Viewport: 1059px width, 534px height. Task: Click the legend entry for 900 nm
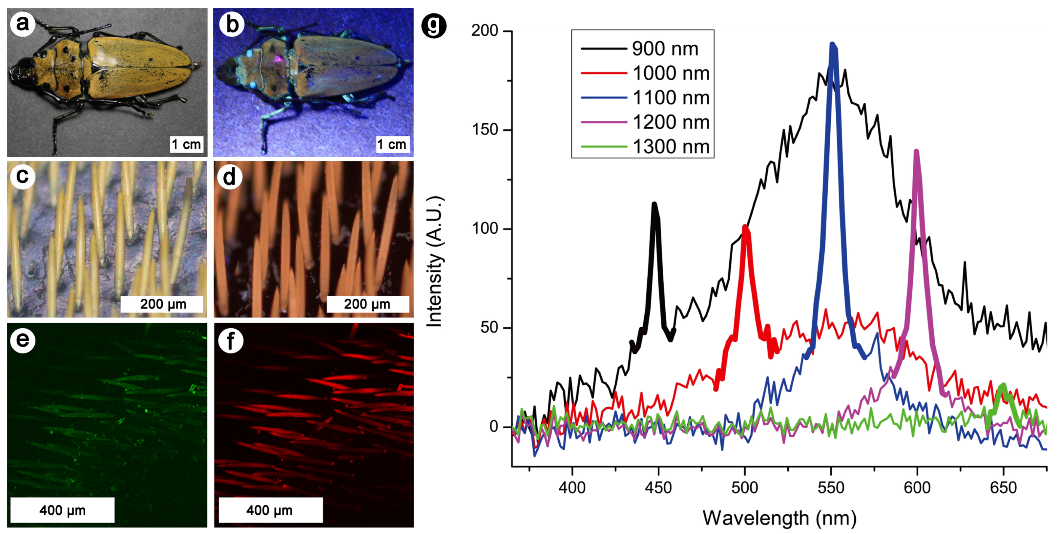(x=665, y=49)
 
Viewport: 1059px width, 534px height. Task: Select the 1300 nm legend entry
(x=671, y=146)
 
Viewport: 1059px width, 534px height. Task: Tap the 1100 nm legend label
(x=671, y=97)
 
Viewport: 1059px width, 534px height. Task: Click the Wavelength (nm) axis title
(x=779, y=518)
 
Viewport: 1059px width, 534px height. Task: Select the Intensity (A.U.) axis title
(x=435, y=262)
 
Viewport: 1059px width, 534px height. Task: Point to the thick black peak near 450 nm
(x=654, y=204)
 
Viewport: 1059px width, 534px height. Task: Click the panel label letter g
(x=434, y=26)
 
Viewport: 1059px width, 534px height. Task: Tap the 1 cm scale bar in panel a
(x=187, y=144)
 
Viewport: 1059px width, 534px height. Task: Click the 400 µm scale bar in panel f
(x=270, y=510)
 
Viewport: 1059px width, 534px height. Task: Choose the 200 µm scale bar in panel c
(x=162, y=304)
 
